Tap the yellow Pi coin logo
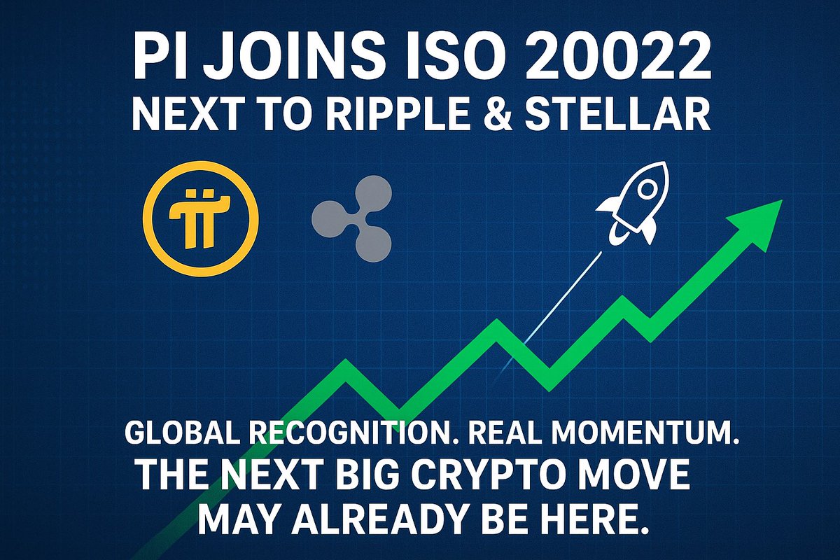coord(200,218)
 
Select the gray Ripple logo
coord(352,219)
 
